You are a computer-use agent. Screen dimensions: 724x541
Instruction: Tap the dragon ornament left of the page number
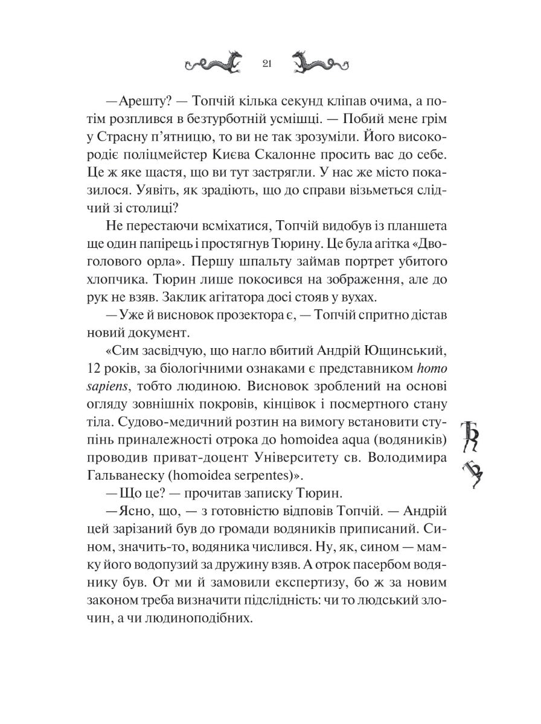pyautogui.click(x=214, y=63)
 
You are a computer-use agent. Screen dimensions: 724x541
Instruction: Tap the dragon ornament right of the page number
pyautogui.click(x=319, y=63)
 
